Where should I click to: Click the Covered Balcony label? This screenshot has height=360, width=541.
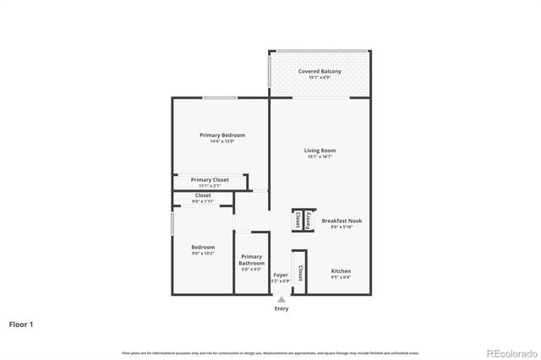320,72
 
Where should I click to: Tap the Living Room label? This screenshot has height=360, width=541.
320,150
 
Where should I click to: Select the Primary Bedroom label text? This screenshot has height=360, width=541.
222,135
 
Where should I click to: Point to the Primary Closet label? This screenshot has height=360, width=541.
209,180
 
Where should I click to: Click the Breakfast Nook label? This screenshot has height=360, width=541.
342,221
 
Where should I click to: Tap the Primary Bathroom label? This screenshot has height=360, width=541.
251,259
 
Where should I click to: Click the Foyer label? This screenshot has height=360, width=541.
281,275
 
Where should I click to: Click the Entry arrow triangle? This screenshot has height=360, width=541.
281,298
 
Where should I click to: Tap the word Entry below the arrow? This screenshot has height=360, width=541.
281,308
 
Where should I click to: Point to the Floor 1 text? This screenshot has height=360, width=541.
22,324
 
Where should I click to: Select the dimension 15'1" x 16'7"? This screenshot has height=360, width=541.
320,157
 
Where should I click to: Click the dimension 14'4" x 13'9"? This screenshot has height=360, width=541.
222,141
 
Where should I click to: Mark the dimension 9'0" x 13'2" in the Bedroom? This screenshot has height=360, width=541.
203,253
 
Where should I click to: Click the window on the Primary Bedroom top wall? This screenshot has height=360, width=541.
219,98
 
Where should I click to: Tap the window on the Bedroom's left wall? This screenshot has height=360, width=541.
172,224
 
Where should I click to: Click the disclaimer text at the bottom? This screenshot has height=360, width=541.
270,352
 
